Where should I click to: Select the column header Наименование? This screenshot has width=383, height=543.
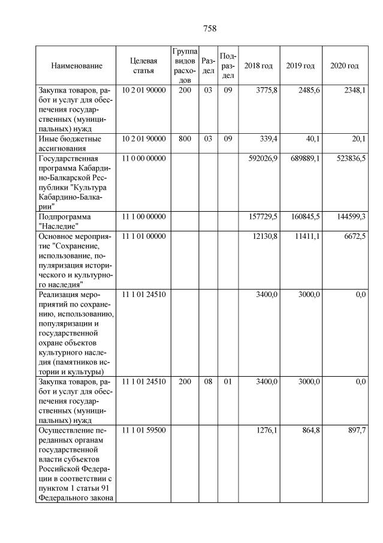click(x=76, y=66)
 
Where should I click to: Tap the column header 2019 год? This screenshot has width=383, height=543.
click(x=300, y=65)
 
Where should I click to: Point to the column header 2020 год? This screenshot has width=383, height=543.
click(x=345, y=65)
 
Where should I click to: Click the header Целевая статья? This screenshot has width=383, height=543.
click(x=143, y=66)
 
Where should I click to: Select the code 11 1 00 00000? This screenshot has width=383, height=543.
click(x=143, y=215)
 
